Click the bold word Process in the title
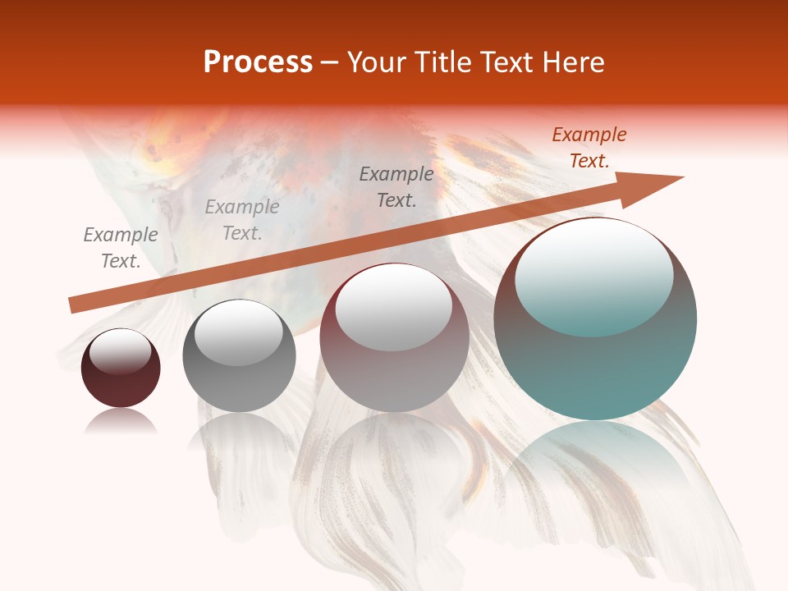tap(258, 62)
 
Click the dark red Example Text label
tap(589, 148)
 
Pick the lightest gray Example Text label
tap(241, 220)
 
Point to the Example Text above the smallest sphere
tap(120, 248)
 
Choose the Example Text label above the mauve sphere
tap(396, 186)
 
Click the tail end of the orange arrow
tap(74, 305)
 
